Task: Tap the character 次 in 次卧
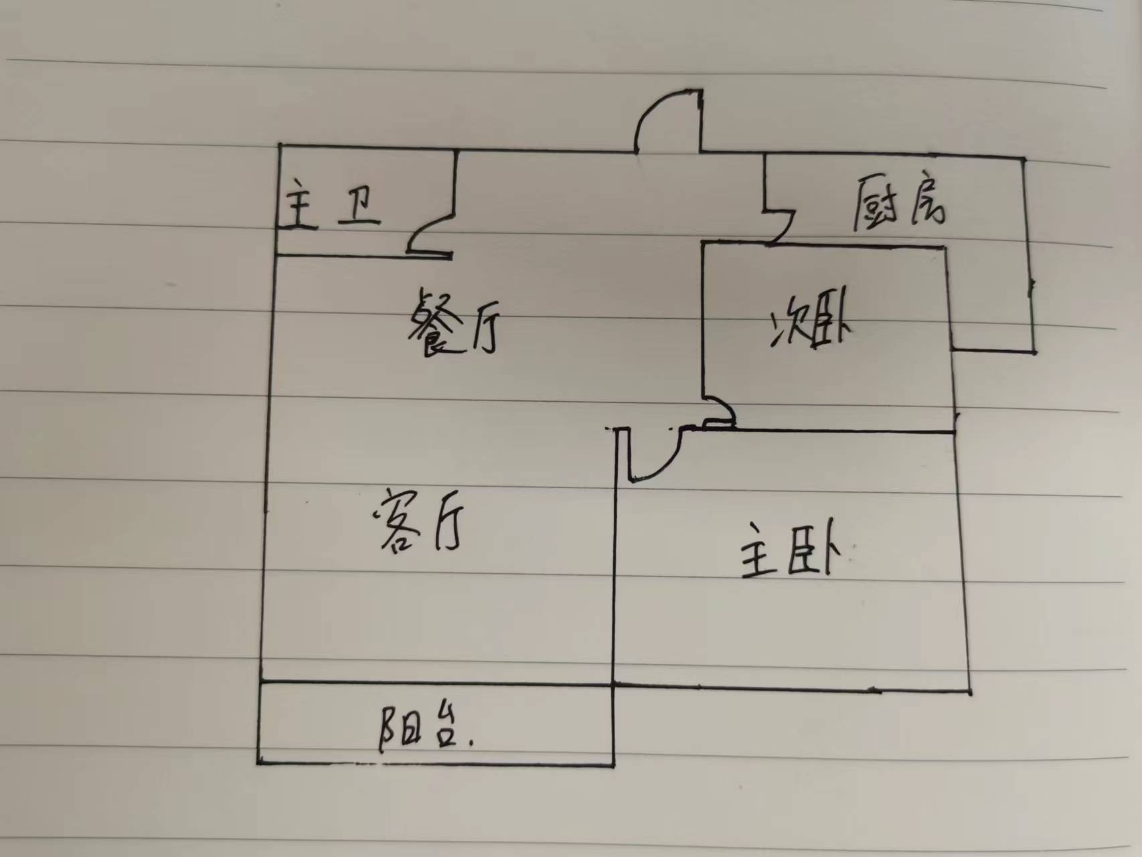coord(786,328)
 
